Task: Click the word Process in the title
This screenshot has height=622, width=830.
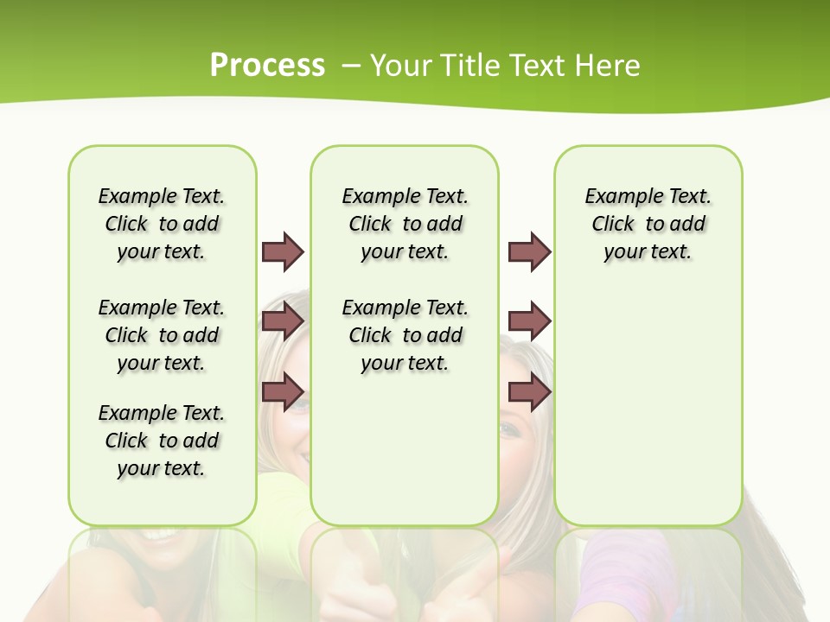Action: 267,65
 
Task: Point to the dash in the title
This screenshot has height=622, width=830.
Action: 352,66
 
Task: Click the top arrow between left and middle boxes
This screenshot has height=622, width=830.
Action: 283,251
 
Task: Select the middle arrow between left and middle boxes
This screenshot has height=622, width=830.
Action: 283,321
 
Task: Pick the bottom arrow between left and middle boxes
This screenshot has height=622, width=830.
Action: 283,392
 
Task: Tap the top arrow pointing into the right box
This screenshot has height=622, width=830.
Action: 529,251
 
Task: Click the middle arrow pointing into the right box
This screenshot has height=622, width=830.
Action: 529,321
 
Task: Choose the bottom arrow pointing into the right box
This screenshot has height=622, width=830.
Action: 529,392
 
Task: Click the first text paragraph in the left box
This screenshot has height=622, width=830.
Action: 162,224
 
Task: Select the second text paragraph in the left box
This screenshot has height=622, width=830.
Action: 162,335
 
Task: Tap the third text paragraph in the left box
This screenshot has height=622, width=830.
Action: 162,441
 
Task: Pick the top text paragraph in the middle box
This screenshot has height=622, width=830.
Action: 405,224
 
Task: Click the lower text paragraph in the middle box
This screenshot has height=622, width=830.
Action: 405,335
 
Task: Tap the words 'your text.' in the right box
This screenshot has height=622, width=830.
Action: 648,251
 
